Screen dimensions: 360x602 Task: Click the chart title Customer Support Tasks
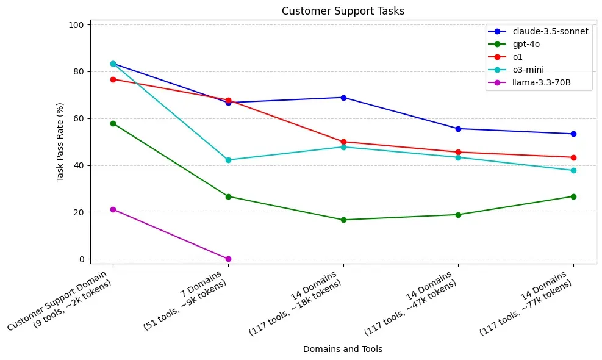coord(343,10)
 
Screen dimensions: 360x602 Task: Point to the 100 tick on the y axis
coord(77,25)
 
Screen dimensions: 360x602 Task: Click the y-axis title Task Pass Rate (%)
coord(60,142)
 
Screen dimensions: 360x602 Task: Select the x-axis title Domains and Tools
coord(343,349)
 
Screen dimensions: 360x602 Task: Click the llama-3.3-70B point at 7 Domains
coord(228,259)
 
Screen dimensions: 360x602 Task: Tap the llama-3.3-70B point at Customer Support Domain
coord(113,209)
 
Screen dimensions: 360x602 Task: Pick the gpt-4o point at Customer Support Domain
coord(113,123)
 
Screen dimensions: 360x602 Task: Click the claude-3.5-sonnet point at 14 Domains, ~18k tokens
coord(343,98)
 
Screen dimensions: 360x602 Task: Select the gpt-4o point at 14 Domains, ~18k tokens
coord(343,220)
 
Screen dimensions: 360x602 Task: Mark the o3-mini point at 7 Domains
coord(228,160)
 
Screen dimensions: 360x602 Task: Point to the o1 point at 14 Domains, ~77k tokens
coord(573,157)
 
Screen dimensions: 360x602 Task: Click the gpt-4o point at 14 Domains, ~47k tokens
coord(458,215)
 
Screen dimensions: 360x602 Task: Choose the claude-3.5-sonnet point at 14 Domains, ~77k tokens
coord(573,134)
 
